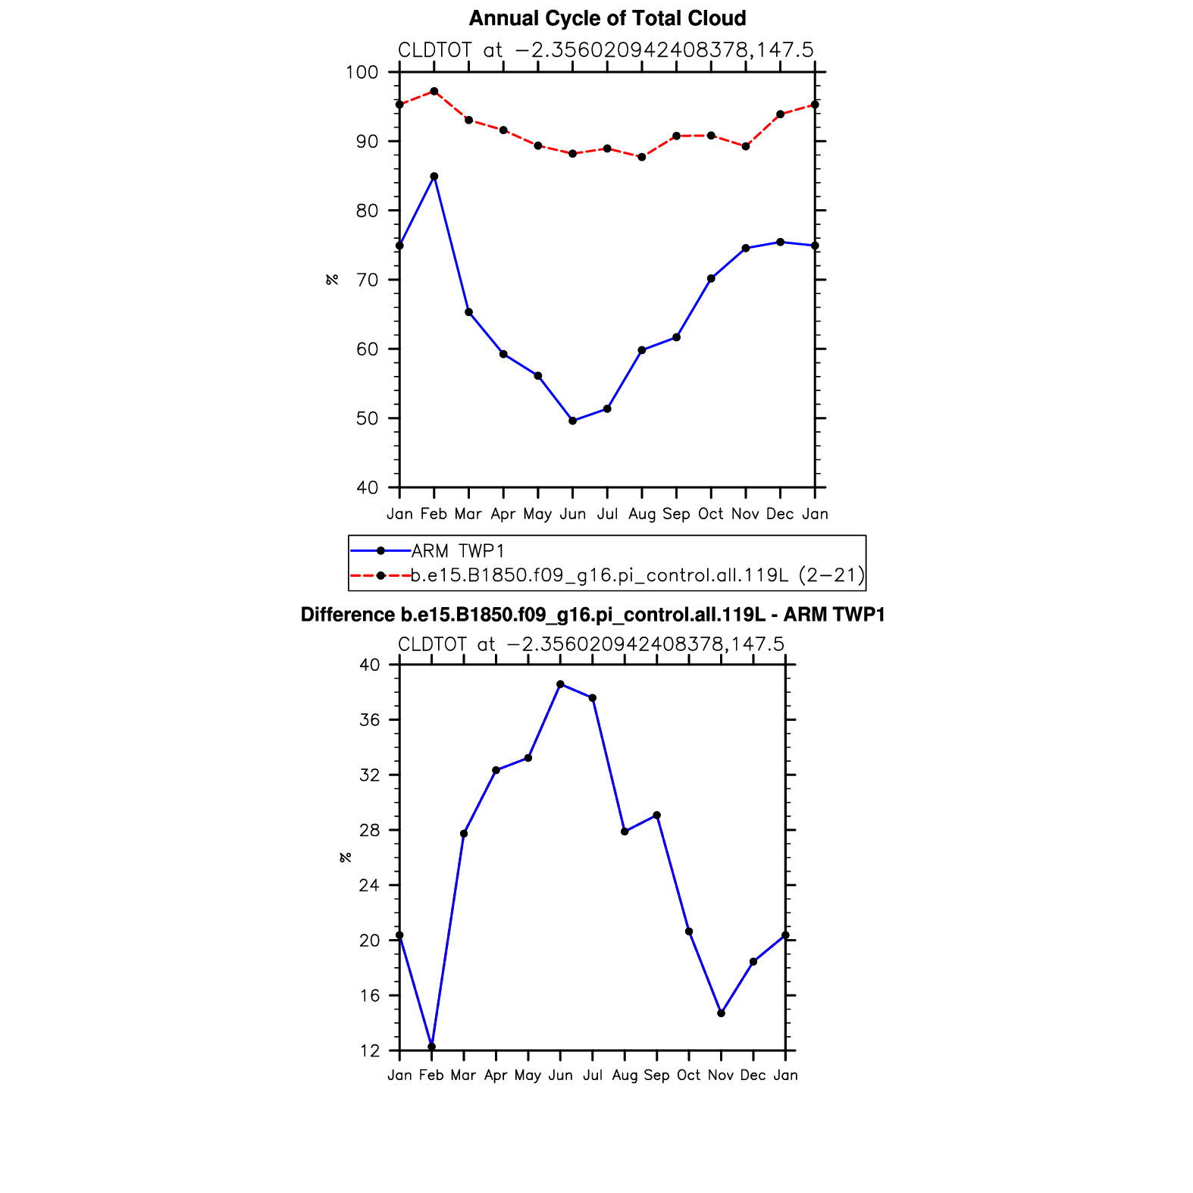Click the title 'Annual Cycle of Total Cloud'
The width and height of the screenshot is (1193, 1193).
tap(607, 18)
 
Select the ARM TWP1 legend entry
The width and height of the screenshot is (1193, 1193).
tap(457, 551)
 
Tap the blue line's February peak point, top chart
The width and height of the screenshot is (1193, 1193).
tap(434, 177)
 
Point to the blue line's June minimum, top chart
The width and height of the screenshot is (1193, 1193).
tap(573, 421)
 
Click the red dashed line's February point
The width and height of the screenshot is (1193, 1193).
tap(434, 92)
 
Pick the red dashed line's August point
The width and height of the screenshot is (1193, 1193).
tap(642, 157)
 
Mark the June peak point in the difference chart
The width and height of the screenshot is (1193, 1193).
tap(560, 684)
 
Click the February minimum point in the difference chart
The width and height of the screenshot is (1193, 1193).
tap(432, 1047)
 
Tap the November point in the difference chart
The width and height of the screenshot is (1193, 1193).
tap(721, 1013)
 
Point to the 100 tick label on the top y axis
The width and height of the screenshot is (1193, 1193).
tap(362, 73)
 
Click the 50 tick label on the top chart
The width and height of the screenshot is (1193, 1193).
tap(367, 418)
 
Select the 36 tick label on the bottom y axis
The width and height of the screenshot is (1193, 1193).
tap(369, 720)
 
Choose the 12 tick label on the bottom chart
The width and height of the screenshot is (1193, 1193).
tap(369, 1051)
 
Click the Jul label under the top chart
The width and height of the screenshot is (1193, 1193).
tap(607, 514)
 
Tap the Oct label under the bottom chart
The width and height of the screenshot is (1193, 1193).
tap(688, 1076)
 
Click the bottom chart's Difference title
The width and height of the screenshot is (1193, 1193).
tap(593, 615)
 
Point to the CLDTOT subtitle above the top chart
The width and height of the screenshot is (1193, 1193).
tap(606, 50)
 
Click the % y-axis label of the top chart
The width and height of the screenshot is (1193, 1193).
tap(332, 280)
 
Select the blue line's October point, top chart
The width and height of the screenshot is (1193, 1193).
tap(711, 278)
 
